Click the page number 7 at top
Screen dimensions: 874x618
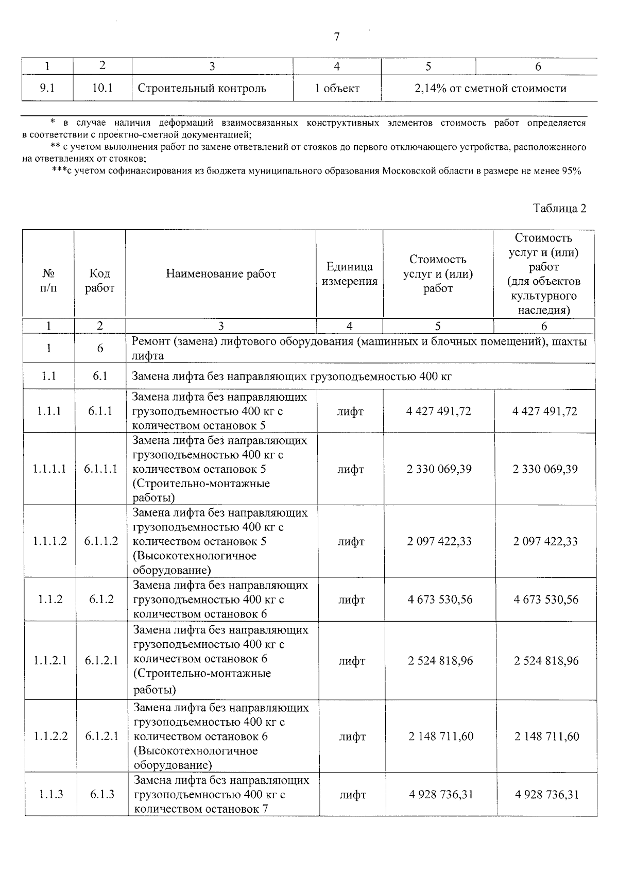[337, 37]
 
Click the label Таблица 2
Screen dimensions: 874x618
[560, 209]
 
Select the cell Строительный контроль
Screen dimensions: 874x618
[202, 88]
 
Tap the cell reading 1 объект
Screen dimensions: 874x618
[337, 88]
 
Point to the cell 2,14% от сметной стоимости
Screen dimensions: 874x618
[490, 88]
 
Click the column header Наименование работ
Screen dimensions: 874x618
[221, 273]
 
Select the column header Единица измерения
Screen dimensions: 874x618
[349, 273]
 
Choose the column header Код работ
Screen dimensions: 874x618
[99, 281]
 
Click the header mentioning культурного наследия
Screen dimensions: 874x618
[544, 273]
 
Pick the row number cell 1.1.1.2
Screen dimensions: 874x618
[49, 541]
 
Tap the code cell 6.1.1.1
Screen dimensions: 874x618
[100, 469]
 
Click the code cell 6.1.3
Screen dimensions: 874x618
[102, 794]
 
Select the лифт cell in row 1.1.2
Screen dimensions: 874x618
[351, 599]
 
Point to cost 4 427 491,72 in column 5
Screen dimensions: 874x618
[438, 412]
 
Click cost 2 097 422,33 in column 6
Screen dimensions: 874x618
[545, 541]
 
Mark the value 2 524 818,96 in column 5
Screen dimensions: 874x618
[440, 661]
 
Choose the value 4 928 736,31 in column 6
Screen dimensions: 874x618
[547, 794]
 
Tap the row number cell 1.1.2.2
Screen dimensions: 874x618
[50, 736]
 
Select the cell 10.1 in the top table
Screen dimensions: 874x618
[102, 88]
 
